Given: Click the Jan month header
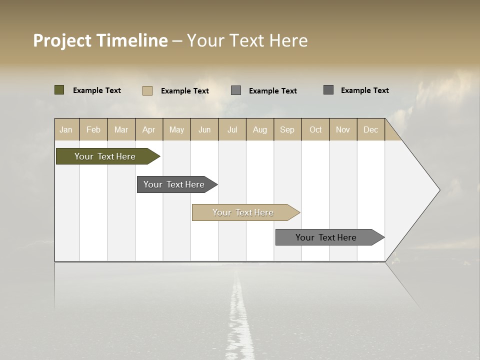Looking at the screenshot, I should click(66, 129).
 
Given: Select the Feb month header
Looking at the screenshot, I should click(93, 129).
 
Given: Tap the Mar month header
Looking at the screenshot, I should click(121, 129).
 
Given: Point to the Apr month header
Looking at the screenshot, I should click(149, 129).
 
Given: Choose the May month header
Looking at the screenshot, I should click(176, 129).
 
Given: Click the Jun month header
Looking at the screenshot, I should click(204, 129).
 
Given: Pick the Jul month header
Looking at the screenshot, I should click(232, 129).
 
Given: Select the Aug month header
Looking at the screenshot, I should click(260, 129).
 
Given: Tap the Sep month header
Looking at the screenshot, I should click(287, 129).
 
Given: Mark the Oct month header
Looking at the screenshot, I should click(315, 129).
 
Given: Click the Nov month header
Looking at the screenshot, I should click(343, 129).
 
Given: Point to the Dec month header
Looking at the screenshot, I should click(371, 129).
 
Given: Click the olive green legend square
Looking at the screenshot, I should click(59, 90).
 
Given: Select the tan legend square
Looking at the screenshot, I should click(147, 90).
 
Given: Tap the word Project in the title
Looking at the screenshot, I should click(62, 40).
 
